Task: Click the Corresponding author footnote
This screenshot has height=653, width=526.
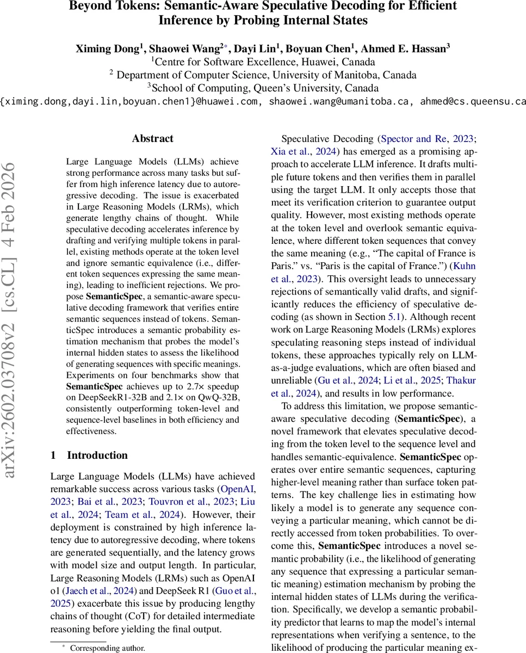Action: [107, 648]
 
